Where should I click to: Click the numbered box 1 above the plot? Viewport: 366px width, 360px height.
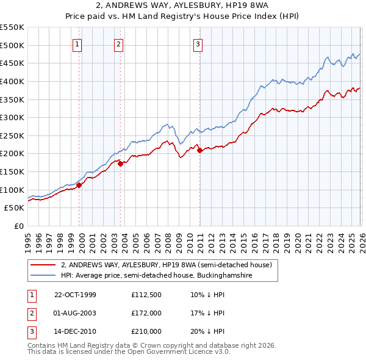pyautogui.click(x=78, y=43)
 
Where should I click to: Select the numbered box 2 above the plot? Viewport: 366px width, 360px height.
pyautogui.click(x=118, y=43)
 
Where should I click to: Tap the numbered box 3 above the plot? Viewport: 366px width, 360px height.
pyautogui.click(x=199, y=43)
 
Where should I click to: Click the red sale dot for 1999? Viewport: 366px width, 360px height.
pyautogui.click(x=79, y=185)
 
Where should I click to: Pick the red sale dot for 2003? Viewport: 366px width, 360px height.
pyautogui.click(x=120, y=164)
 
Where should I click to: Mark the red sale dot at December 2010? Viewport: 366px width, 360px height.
pyautogui.click(x=199, y=149)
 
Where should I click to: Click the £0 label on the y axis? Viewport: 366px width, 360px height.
pyautogui.click(x=18, y=226)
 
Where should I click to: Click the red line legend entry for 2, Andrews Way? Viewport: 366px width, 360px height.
pyautogui.click(x=170, y=265)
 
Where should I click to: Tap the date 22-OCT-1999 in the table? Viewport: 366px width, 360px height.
pyautogui.click(x=75, y=295)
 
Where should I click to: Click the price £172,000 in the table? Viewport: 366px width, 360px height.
pyautogui.click(x=146, y=313)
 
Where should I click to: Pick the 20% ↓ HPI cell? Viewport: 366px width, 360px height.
pyautogui.click(x=207, y=331)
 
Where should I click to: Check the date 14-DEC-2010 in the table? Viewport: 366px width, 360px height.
pyautogui.click(x=75, y=331)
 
